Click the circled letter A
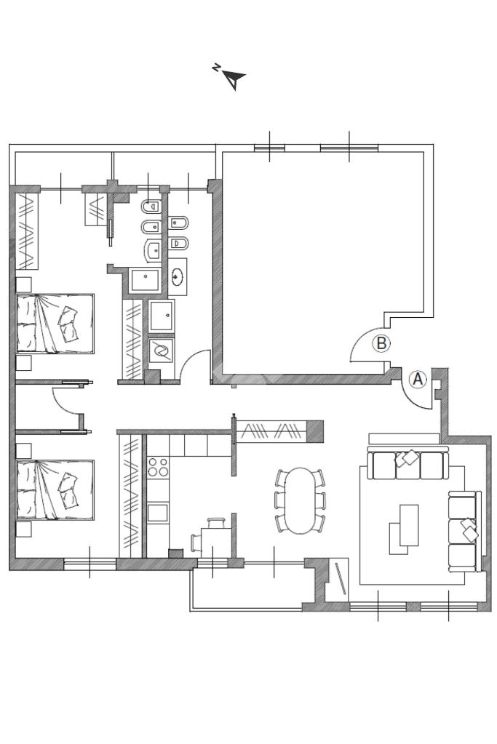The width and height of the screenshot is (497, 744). [418, 379]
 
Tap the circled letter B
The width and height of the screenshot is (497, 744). [381, 343]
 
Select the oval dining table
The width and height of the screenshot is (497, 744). [300, 500]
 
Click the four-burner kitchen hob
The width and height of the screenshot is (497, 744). [158, 466]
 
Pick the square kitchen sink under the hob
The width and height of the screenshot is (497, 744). [158, 513]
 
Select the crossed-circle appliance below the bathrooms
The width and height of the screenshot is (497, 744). [161, 351]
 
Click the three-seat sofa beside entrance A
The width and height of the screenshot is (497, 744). [407, 463]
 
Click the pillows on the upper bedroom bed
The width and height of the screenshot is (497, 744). [68, 324]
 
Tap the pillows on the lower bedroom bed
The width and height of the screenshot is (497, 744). [68, 490]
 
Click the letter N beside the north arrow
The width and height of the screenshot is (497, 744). [216, 68]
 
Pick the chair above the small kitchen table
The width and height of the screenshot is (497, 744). [216, 522]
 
